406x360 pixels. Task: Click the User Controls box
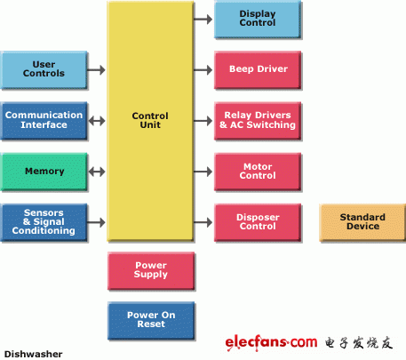[x=44, y=70]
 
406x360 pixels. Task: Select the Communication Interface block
[x=44, y=121]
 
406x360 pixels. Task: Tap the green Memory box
[x=44, y=172]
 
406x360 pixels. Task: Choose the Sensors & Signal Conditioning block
[x=44, y=222]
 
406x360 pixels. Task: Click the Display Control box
[x=258, y=20]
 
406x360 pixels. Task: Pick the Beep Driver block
[x=258, y=70]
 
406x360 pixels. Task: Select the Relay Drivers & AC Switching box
[x=258, y=121]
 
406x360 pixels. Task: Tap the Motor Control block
[x=258, y=172]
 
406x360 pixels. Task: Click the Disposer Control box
[x=258, y=222]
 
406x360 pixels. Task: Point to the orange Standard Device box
[x=362, y=222]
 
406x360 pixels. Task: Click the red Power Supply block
[x=151, y=270]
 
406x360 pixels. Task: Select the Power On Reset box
[x=151, y=320]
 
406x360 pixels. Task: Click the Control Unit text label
[x=150, y=120]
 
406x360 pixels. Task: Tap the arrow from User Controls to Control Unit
[x=96, y=70]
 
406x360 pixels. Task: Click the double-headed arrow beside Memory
[x=97, y=172]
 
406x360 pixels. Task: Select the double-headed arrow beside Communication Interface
[x=97, y=121]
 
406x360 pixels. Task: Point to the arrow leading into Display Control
[x=203, y=20]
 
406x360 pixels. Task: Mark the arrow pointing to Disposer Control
[x=203, y=222]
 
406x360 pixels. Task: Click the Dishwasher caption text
[x=33, y=354]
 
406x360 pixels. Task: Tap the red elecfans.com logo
[x=271, y=343]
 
